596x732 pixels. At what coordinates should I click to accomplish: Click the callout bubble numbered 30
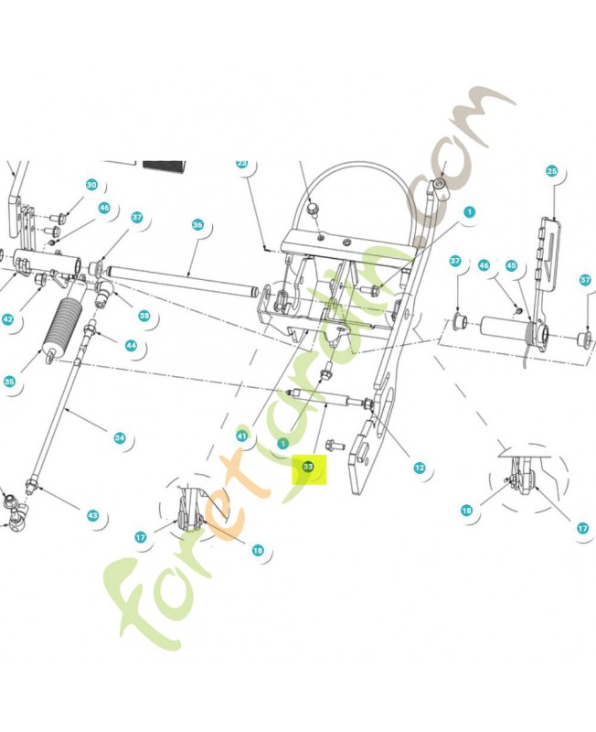(91, 185)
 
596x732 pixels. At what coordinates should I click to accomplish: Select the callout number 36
(197, 225)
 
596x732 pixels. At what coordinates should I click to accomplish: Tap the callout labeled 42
(7, 319)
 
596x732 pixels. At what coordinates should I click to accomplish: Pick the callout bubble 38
(144, 316)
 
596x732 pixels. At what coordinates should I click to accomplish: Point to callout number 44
(131, 346)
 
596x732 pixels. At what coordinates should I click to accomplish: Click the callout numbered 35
(9, 382)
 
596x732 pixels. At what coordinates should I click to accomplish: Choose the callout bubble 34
(120, 438)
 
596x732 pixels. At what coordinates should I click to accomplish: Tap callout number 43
(93, 515)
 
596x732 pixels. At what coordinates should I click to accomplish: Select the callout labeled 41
(241, 436)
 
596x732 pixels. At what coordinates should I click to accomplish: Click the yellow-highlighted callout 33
(308, 467)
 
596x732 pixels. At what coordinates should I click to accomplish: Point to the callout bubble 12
(420, 468)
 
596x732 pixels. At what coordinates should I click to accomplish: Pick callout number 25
(552, 171)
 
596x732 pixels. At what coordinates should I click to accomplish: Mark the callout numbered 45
(511, 265)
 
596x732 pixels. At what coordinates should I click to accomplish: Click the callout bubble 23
(241, 164)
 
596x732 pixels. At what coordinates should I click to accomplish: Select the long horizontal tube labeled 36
(183, 280)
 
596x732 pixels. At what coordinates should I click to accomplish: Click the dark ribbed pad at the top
(164, 167)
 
